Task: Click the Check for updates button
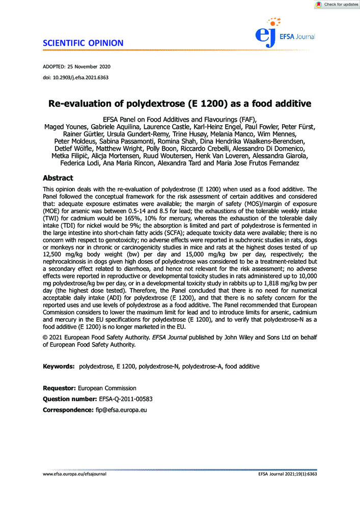pos(337,5)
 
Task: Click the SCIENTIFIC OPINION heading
pos(83,43)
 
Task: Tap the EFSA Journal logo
pos(285,32)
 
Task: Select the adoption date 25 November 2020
pos(92,67)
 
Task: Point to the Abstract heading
pos(58,178)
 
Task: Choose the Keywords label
pos(58,366)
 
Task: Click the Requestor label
pos(60,388)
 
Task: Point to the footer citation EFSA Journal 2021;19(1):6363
pos(288,474)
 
